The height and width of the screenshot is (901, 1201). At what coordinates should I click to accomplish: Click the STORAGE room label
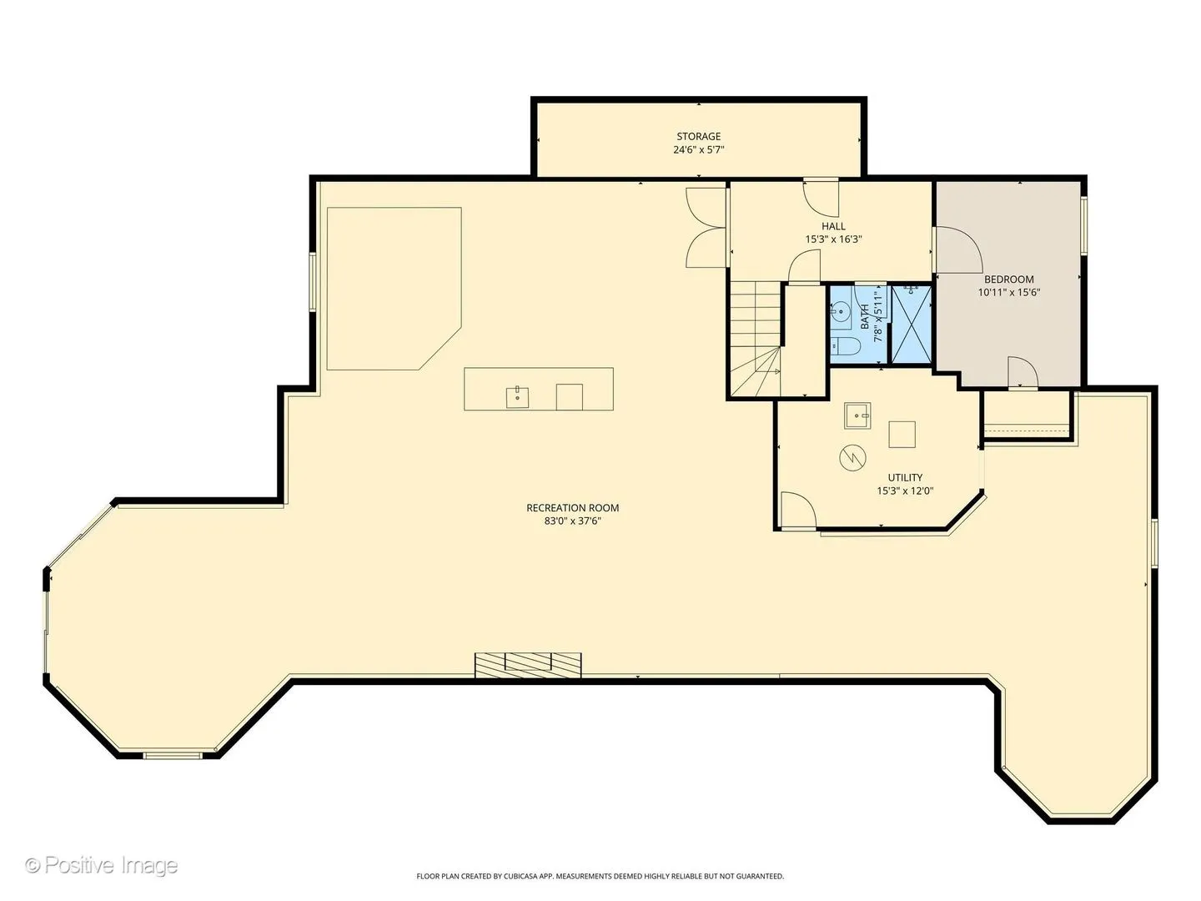click(x=698, y=136)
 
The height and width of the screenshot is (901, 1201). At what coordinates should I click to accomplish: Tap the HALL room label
click(x=832, y=226)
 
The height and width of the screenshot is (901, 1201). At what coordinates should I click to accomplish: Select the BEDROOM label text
click(x=1008, y=279)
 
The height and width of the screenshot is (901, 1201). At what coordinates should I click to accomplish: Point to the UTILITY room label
click(x=904, y=477)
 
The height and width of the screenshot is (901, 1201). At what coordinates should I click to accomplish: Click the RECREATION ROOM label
click(x=572, y=508)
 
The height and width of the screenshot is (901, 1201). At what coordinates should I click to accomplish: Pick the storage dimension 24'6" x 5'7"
click(x=698, y=149)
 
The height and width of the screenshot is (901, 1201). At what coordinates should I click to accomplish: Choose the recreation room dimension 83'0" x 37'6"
click(x=572, y=521)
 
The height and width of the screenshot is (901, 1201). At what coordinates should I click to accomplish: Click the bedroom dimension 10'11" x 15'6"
click(x=1008, y=292)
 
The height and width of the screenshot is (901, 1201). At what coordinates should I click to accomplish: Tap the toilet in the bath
click(x=846, y=345)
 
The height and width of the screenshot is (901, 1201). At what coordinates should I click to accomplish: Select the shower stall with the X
click(x=911, y=324)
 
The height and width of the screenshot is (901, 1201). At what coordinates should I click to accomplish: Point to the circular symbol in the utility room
click(x=852, y=457)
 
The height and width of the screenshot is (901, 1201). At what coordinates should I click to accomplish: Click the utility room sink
click(x=857, y=415)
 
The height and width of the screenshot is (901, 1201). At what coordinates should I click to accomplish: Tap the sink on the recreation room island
click(x=517, y=397)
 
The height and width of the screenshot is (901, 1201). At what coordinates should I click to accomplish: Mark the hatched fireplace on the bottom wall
click(x=527, y=665)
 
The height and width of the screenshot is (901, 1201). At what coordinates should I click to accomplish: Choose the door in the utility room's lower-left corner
click(x=797, y=511)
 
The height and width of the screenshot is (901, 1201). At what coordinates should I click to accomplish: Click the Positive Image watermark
click(x=102, y=865)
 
